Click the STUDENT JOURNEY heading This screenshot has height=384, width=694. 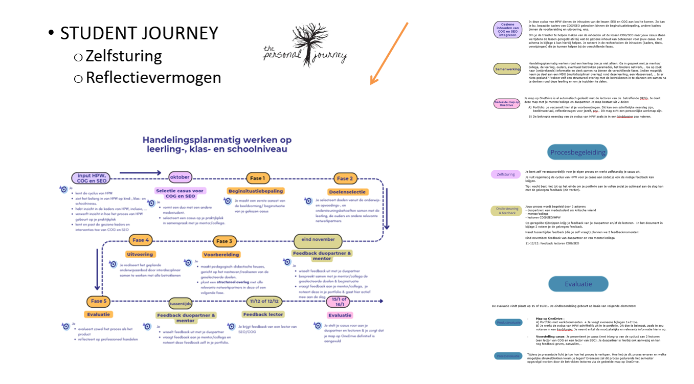[139, 34]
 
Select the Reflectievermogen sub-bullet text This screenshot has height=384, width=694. [153, 77]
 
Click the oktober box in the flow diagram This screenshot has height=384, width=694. [180, 177]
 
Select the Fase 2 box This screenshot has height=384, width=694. [345, 178]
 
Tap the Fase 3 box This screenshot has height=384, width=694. [224, 241]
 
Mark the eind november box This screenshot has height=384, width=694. [318, 239]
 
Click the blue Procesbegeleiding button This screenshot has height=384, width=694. [578, 152]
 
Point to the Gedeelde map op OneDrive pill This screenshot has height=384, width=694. [506, 103]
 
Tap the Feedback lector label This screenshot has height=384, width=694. [263, 314]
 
